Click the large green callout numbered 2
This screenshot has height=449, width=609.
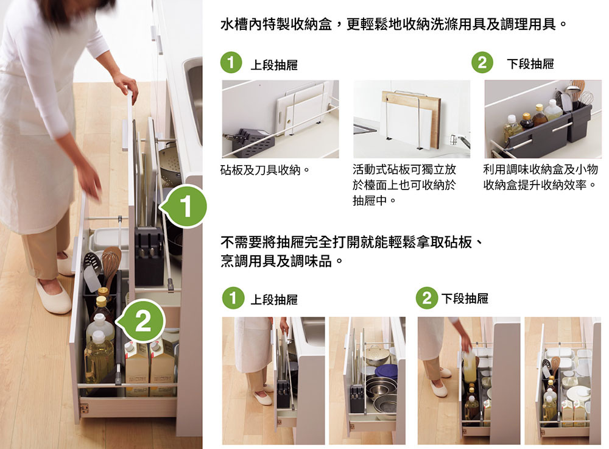click(x=142, y=321)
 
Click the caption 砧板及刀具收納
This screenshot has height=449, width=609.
click(x=265, y=170)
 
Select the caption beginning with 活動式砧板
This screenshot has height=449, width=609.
click(x=404, y=185)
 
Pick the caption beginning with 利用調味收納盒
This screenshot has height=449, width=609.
click(x=540, y=177)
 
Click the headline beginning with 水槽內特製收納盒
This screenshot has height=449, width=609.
click(x=393, y=24)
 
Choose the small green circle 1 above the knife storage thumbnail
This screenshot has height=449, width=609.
click(x=231, y=63)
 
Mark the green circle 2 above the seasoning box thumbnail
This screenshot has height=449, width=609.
click(x=482, y=63)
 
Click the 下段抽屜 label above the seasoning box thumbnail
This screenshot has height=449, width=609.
click(x=530, y=64)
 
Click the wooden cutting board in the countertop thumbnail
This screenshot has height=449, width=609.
click(x=411, y=118)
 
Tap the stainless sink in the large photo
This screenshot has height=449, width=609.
click(x=193, y=102)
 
